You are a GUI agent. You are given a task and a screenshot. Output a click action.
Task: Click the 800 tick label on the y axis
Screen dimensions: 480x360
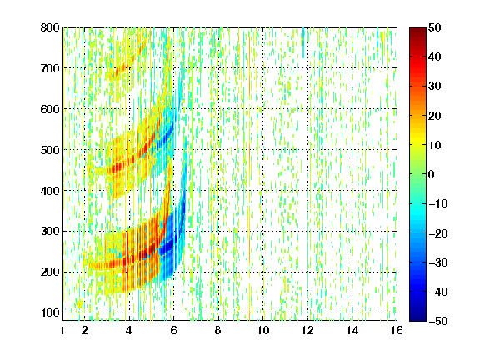[x=50, y=27]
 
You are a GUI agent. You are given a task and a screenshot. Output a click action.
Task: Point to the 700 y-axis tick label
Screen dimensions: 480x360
[x=50, y=68]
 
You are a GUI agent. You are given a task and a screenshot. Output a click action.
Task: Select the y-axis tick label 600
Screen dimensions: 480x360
[x=50, y=109]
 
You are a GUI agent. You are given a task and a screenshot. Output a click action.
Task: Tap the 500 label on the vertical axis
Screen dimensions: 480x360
[x=50, y=150]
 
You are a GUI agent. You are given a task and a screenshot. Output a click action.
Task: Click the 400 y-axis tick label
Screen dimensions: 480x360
[x=50, y=191]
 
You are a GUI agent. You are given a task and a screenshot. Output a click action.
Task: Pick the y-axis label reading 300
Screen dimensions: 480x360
[x=50, y=231]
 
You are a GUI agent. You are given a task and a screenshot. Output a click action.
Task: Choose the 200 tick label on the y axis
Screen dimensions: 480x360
[x=50, y=272]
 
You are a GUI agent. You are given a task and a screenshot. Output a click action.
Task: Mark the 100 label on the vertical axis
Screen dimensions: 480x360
[x=50, y=312]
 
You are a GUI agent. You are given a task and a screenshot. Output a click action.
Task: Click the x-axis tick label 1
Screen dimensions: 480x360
[x=62, y=330]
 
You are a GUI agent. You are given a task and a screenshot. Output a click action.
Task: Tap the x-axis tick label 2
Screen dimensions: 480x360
[x=85, y=330]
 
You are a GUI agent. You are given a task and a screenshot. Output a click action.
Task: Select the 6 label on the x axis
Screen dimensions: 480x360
[x=173, y=330]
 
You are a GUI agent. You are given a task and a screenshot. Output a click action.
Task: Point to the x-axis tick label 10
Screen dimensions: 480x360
[x=263, y=330]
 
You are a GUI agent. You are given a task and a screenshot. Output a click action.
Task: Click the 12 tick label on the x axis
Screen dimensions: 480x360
[x=307, y=330]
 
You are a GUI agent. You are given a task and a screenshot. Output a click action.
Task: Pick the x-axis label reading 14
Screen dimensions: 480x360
[x=352, y=330]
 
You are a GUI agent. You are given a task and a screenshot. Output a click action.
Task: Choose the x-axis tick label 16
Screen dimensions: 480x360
[x=397, y=330]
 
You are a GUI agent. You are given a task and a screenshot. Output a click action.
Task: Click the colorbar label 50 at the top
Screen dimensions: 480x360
[x=435, y=27]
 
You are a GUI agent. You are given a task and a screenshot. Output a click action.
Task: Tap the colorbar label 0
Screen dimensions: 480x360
[x=432, y=174]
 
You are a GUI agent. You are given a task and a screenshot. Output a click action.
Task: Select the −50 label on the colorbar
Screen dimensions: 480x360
[x=438, y=321]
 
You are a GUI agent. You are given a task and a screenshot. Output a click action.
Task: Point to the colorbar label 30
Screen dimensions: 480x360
[x=435, y=87]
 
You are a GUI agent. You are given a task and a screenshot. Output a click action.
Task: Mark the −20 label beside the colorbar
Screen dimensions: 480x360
[x=438, y=233]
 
